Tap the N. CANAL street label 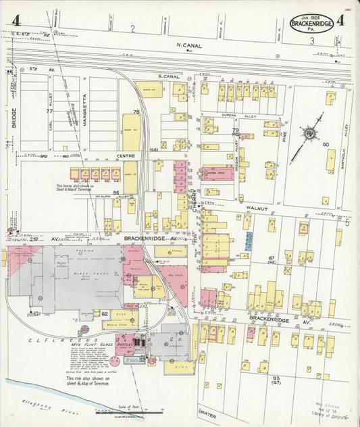[190, 45]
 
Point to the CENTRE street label [127, 155]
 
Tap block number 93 [276, 378]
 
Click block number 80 [325, 144]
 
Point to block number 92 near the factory [105, 313]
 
